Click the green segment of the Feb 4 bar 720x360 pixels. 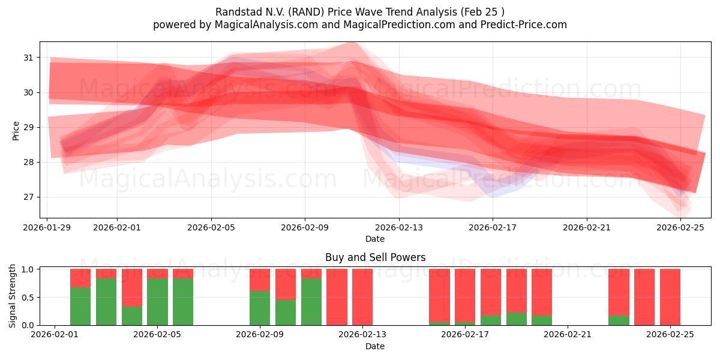pyautogui.click(x=132, y=316)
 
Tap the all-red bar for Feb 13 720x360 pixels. pyautogui.click(x=362, y=297)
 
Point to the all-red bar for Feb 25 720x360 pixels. pyautogui.click(x=670, y=297)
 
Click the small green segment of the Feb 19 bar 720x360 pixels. pyautogui.click(x=516, y=319)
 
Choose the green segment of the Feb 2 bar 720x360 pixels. pyautogui.click(x=80, y=306)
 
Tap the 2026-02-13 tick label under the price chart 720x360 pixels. pyautogui.click(x=398, y=227)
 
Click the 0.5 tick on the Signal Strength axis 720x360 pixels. pyautogui.click(x=28, y=298)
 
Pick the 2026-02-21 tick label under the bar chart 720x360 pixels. pyautogui.click(x=568, y=335)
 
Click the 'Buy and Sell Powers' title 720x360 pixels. pyautogui.click(x=375, y=257)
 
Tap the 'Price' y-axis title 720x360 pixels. pyautogui.click(x=16, y=130)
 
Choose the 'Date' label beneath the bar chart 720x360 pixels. pyautogui.click(x=375, y=346)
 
